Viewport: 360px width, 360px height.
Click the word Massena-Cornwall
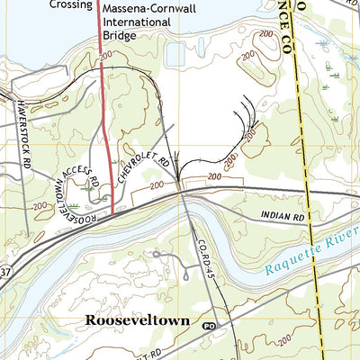pyautogui.click(x=148, y=6)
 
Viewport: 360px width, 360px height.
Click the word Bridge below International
pyautogui.click(x=120, y=36)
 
